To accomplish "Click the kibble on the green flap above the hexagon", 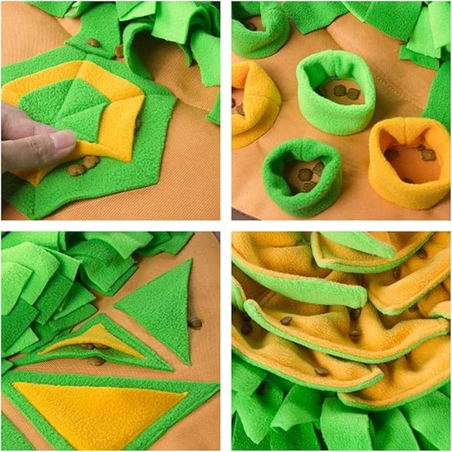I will tap(93, 43).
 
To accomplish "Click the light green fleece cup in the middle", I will tap(335, 90).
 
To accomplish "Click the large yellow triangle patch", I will tap(98, 411).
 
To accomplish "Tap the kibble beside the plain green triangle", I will tap(195, 322).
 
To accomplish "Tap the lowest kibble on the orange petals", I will tap(321, 371).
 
